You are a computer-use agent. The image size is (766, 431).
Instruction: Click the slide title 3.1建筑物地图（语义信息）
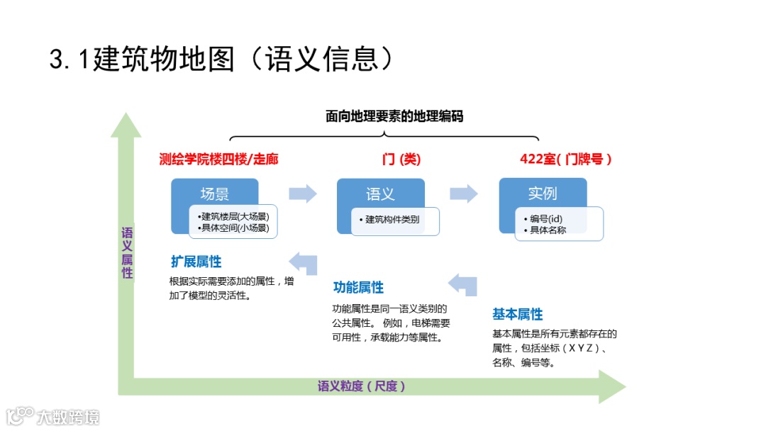[221, 59]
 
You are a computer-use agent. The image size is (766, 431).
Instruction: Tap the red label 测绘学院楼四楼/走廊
[219, 159]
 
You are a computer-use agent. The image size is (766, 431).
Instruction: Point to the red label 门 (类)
[401, 159]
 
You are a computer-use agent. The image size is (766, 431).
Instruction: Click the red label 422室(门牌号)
[565, 159]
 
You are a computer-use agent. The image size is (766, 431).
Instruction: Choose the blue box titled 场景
[214, 194]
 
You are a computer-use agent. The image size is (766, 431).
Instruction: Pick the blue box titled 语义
[380, 194]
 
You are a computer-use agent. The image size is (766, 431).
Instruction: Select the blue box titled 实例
[543, 193]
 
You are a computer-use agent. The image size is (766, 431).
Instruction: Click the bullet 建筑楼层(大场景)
[234, 216]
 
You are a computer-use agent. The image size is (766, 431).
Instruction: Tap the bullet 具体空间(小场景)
[234, 228]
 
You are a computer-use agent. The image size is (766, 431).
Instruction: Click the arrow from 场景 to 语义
[303, 194]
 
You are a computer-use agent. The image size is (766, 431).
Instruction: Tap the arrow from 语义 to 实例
[464, 194]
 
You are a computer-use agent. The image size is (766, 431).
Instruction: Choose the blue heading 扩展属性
[196, 262]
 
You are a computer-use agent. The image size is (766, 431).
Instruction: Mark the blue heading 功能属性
[358, 287]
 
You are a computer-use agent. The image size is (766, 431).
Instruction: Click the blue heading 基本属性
[518, 314]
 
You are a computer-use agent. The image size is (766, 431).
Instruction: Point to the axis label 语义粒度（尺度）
[362, 386]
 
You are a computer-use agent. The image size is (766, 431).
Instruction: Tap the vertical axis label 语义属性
[127, 253]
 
